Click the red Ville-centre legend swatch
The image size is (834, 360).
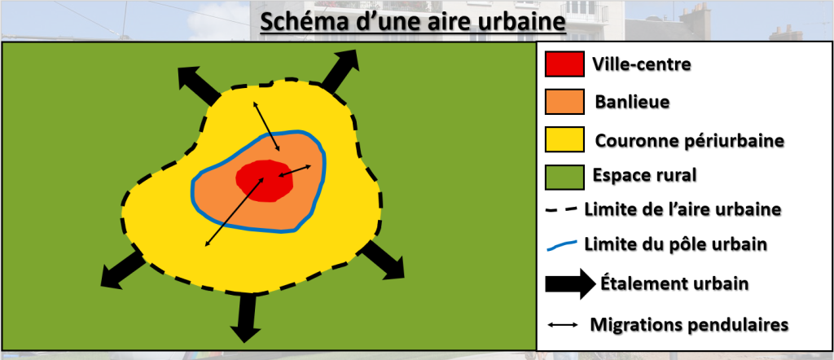pos(564,64)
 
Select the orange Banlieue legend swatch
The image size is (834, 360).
pos(564,102)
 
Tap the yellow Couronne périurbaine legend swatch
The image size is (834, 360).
pos(564,139)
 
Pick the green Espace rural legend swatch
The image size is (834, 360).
pos(564,177)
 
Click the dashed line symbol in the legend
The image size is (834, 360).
pos(562,209)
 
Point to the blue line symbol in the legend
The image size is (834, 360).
pos(562,245)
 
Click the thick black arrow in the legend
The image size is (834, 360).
pos(570,283)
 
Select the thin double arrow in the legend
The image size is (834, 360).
pos(563,324)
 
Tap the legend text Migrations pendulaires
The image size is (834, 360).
pos(689,324)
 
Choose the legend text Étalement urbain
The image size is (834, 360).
pos(674,283)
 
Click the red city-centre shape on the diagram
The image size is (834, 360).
pos(265,181)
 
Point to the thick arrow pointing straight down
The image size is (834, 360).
pos(245,318)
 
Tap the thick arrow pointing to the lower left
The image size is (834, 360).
pos(122,270)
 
